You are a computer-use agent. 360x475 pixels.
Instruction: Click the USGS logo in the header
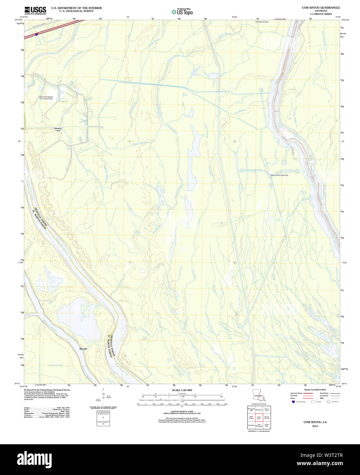click(x=35, y=10)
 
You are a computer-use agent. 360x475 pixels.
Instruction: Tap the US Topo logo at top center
click(x=182, y=12)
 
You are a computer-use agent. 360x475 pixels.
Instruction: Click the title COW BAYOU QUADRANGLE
click(x=316, y=8)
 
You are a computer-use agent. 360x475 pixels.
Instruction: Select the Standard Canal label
click(x=58, y=130)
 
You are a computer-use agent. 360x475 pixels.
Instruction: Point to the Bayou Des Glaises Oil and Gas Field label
click(x=46, y=98)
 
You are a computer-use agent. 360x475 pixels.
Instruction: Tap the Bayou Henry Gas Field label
click(x=279, y=175)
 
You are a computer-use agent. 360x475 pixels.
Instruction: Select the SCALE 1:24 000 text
click(x=182, y=390)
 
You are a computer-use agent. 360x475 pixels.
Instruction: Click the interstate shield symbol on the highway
click(x=36, y=34)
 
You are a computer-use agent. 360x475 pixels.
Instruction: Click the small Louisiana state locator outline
click(x=258, y=396)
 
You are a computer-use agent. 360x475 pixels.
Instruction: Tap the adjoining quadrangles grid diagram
click(x=259, y=417)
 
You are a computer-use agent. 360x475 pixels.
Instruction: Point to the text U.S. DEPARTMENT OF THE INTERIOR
click(x=71, y=8)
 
